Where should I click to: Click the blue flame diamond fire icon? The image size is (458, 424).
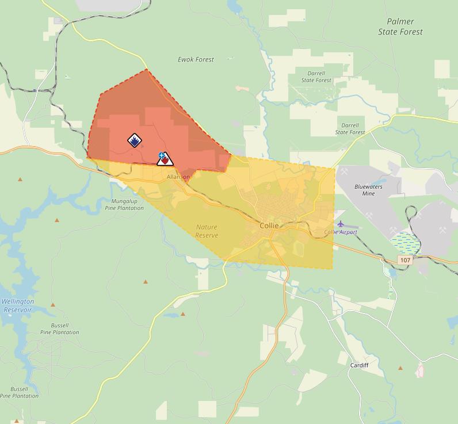coord(134,140)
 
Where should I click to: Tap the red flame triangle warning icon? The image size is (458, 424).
coord(165,160)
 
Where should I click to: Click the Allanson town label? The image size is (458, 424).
coord(178,177)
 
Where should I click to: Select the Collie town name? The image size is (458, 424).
coord(269,226)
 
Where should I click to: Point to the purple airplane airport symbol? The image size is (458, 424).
coord(341,223)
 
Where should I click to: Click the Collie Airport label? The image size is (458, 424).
coord(341,232)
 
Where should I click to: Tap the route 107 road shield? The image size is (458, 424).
coord(405,260)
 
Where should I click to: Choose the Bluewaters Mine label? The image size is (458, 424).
coord(369,190)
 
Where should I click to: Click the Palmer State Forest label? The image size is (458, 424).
coord(400,27)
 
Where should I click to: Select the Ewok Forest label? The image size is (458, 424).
coord(196,59)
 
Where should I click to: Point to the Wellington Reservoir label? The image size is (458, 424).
coord(17,305)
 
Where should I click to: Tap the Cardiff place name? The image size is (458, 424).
coord(359,365)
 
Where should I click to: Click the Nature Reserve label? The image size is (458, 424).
coord(207,231)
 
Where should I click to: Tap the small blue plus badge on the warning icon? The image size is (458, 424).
coord(162,155)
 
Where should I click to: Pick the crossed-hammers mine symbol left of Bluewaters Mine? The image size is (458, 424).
coord(344,171)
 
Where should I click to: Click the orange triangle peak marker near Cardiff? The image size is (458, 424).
coord(400,368)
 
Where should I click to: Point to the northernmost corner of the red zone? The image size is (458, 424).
coord(146,70)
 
